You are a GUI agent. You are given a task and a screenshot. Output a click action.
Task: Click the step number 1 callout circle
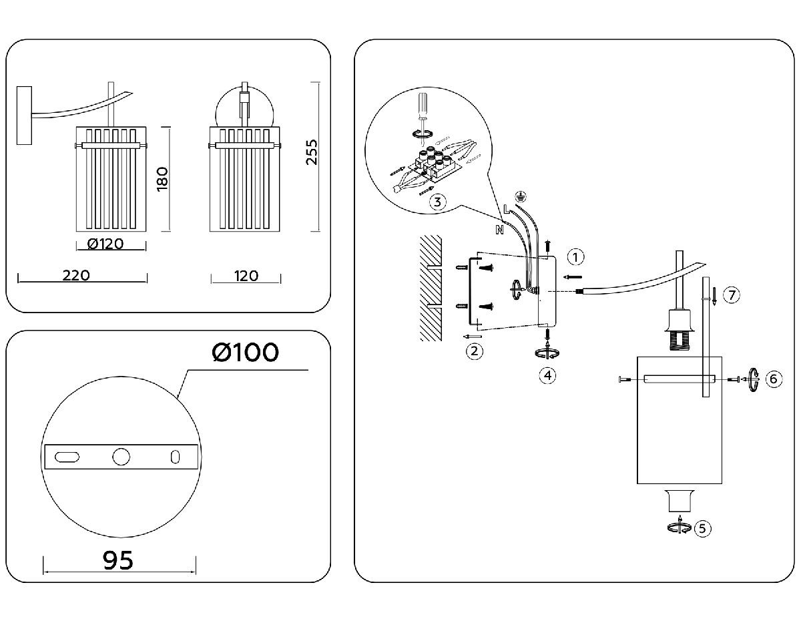[576, 256]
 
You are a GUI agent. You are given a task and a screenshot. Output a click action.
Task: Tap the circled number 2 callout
[474, 350]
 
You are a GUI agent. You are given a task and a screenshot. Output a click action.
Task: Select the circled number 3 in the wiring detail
[437, 202]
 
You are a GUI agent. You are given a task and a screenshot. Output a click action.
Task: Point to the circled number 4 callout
[547, 375]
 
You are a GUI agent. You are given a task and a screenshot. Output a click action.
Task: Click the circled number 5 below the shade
[702, 528]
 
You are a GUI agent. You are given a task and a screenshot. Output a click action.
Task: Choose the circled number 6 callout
[773, 379]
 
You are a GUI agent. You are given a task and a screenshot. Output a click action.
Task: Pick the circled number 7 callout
[732, 294]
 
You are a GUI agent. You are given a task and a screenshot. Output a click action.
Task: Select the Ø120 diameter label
[106, 243]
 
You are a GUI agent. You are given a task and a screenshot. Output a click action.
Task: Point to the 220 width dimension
[82, 275]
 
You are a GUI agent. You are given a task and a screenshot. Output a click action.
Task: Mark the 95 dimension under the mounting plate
[118, 560]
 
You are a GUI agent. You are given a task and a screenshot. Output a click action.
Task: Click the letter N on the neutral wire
[499, 230]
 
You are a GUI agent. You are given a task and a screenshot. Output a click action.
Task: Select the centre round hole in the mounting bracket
[121, 457]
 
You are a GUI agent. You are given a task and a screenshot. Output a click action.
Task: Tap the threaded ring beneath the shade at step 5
[679, 501]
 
